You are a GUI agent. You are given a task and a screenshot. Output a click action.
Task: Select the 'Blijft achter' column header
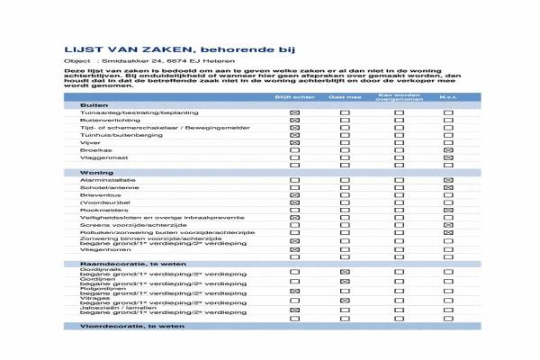click(294, 96)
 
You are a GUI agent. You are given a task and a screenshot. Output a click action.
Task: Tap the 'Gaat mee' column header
click(345, 96)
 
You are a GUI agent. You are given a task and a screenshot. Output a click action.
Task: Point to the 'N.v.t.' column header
click(448, 96)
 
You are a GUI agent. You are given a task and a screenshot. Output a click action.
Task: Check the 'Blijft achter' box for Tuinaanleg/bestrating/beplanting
click(294, 112)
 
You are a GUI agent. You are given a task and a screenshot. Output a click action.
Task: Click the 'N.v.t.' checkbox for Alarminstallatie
click(448, 180)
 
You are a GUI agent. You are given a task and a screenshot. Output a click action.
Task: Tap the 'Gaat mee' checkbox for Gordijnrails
click(345, 271)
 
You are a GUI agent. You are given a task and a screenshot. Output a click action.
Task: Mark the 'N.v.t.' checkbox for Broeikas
click(448, 150)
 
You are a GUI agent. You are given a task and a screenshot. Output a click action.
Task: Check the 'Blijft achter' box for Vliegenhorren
click(294, 249)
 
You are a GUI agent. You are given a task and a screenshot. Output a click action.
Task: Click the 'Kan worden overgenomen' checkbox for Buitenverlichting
click(397, 120)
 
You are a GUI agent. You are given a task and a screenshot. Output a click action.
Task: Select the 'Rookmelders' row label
click(101, 210)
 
